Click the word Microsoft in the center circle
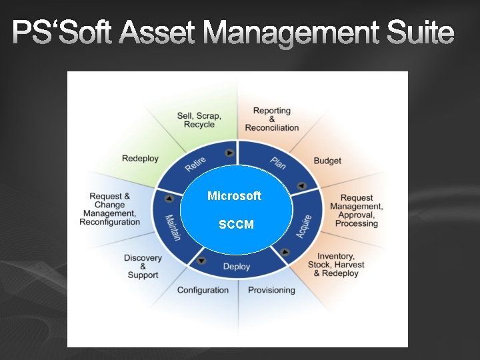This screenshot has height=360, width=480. [x=234, y=196]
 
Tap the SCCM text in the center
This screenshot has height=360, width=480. [x=236, y=225]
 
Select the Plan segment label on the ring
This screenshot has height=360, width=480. [x=279, y=162]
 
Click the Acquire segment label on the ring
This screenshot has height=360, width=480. [x=304, y=227]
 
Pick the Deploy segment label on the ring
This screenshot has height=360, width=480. [x=237, y=267]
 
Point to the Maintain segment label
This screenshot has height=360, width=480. [x=172, y=227]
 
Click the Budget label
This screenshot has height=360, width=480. [x=327, y=161]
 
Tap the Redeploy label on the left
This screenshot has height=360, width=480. [x=140, y=158]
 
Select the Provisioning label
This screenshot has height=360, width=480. [x=271, y=290]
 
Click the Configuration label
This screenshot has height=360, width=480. [x=203, y=290]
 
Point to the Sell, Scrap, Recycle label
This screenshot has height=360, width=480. [x=199, y=120]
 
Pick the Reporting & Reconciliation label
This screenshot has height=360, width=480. [x=272, y=119]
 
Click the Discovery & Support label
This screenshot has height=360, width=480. [x=143, y=266]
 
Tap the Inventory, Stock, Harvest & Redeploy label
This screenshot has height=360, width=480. [x=336, y=265]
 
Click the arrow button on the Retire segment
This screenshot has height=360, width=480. [x=229, y=153]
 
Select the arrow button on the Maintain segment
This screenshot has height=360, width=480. [x=169, y=199]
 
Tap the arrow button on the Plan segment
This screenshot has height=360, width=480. [x=301, y=186]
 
